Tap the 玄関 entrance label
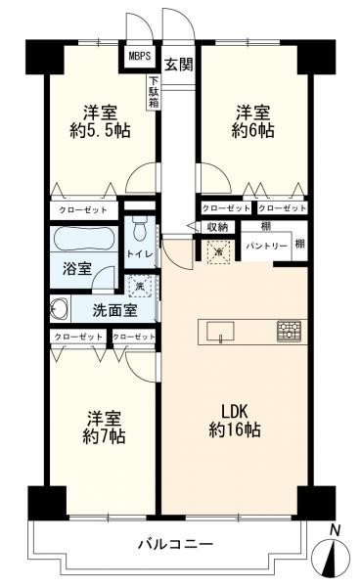pyautogui.click(x=177, y=65)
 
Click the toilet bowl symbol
pyautogui.click(x=139, y=231)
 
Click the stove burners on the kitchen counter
pyautogui.click(x=289, y=331)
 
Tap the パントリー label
pyautogui.click(x=266, y=247)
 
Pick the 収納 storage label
pyautogui.click(x=217, y=227)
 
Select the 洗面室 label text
pyautogui.click(x=114, y=312)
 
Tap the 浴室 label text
pyautogui.click(x=75, y=266)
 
